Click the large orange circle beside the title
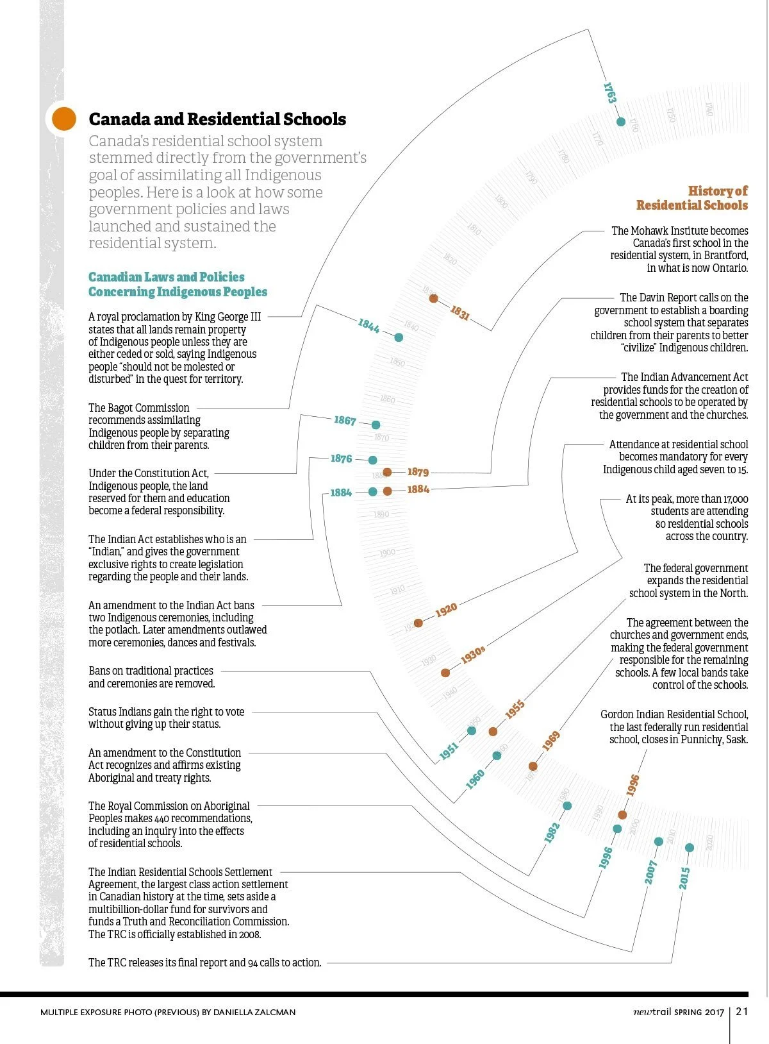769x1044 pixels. pos(64,119)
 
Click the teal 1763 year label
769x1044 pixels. pos(609,93)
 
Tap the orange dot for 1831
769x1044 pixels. pos(433,298)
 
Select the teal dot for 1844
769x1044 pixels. pos(399,337)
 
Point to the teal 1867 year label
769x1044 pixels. pos(345,421)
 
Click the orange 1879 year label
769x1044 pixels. pos(418,472)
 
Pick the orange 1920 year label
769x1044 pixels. pos(446,610)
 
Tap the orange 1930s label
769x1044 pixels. pos(473,655)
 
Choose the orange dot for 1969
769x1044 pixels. pos(533,766)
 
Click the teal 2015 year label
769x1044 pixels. pos(684,878)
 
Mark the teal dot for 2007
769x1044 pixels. pos(658,841)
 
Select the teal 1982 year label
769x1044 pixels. pos(552,832)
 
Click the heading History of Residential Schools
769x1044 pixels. pos(692,198)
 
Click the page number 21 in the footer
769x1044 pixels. pos(742,1011)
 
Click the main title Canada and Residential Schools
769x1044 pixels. pos(217,119)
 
